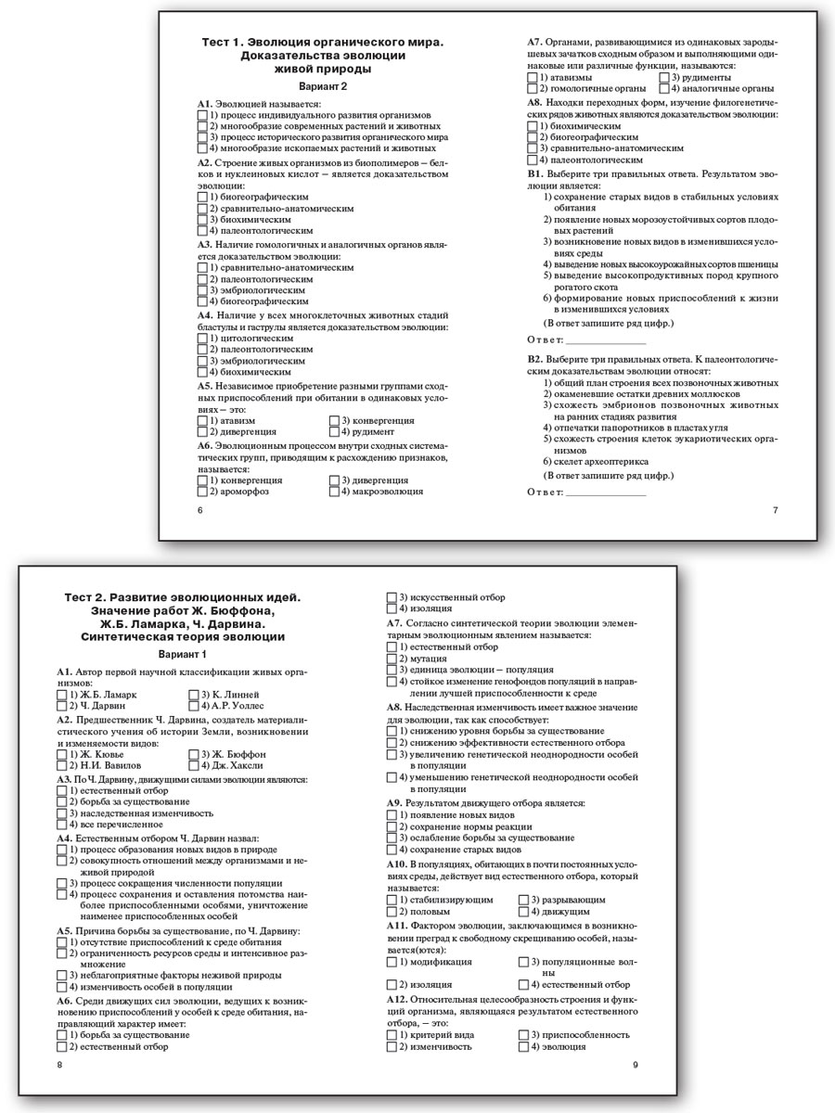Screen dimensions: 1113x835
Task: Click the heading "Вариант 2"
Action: coord(322,86)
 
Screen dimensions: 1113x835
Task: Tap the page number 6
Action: coord(199,510)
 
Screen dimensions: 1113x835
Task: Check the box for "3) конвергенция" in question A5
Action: coord(334,420)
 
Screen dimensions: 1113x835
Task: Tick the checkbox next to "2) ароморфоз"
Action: coord(202,492)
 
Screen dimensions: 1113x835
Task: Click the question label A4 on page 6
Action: coord(206,316)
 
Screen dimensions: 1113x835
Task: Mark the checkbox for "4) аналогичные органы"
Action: coord(663,88)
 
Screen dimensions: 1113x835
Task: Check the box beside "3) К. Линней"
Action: coord(193,694)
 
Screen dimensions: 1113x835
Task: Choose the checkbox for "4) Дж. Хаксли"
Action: coord(193,765)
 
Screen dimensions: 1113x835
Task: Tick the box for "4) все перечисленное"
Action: coord(61,824)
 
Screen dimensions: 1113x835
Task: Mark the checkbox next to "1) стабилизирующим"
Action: coord(392,900)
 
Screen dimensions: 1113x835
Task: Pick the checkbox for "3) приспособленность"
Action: coord(523,1034)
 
